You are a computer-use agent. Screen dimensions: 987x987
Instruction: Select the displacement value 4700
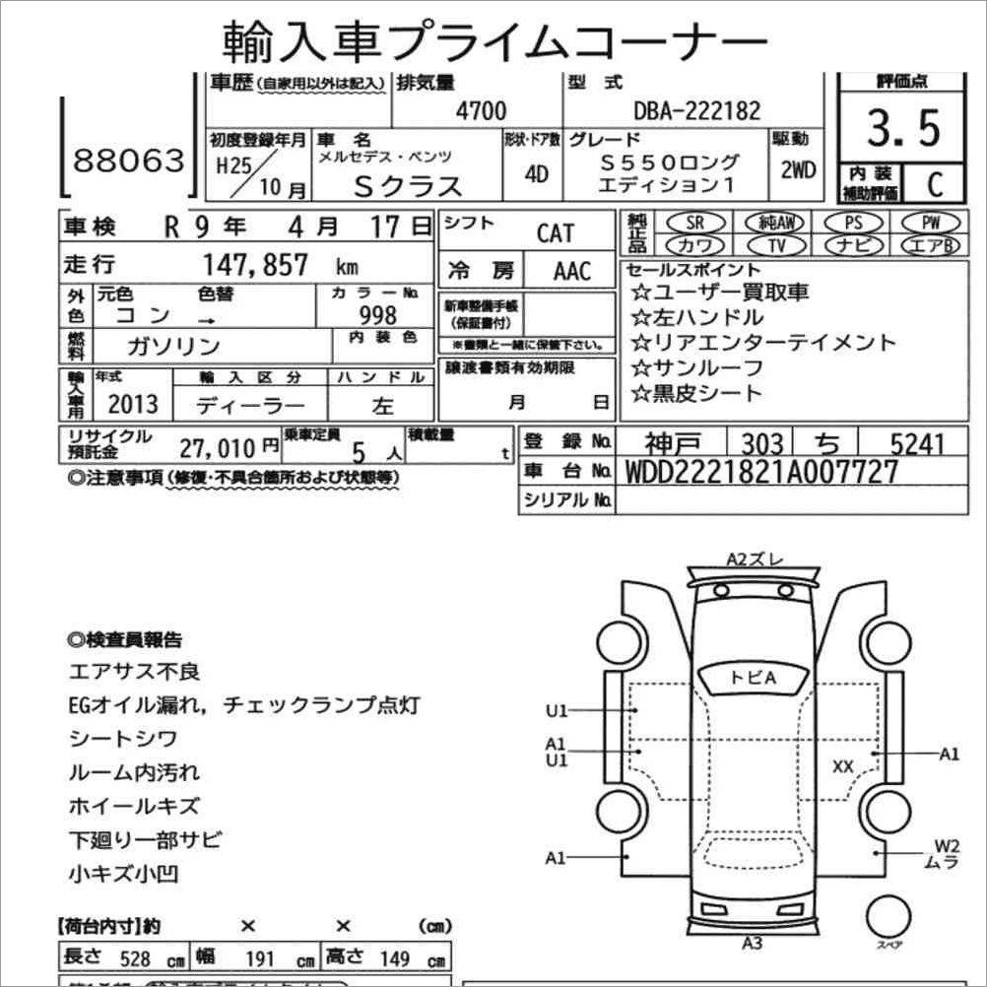tap(481, 110)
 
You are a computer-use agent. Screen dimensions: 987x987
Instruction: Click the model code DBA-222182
tap(696, 110)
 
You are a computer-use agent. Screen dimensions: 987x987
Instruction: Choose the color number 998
tap(378, 315)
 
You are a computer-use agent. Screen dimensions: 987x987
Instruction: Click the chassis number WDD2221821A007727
tap(762, 472)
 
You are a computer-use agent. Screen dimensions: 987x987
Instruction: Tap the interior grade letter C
tap(935, 183)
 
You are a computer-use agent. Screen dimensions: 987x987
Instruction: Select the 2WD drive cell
tap(797, 169)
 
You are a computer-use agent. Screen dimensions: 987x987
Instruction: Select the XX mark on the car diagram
tap(842, 765)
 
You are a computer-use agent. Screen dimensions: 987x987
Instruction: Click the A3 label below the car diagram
tap(753, 943)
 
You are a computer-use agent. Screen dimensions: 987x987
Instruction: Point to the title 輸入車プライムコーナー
tap(493, 38)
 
